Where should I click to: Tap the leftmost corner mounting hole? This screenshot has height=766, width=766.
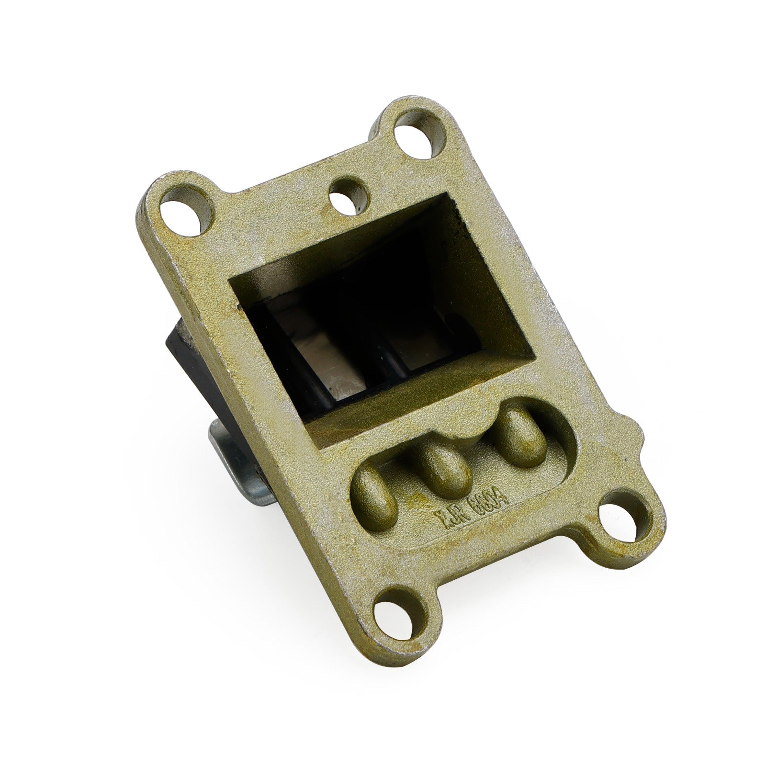pyautogui.click(x=182, y=209)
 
